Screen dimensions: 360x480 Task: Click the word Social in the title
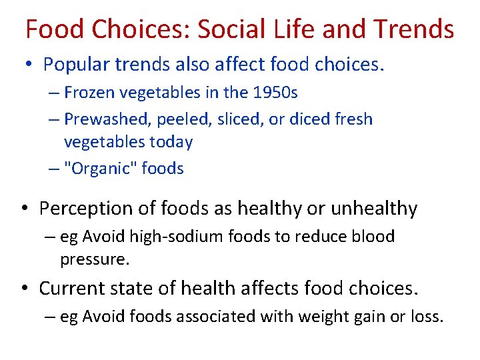[233, 29]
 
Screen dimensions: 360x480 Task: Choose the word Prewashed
[102, 119]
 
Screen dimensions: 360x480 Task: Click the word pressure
[93, 259]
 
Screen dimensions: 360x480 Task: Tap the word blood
[370, 237]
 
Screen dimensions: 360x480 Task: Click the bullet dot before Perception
[25, 209]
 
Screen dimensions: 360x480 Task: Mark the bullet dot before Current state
[25, 289]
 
